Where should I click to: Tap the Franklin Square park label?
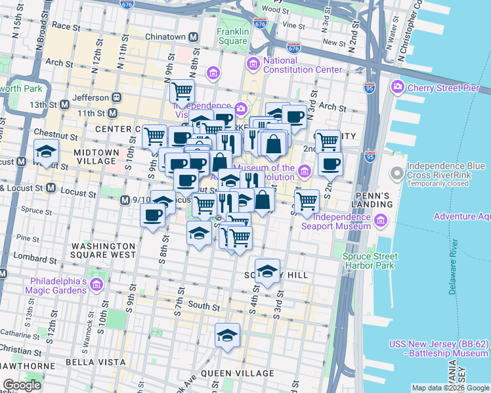(x=233, y=37)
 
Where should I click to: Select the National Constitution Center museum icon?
(x=253, y=64)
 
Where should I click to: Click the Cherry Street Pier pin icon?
(x=397, y=87)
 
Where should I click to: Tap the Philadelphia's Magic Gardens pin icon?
(x=96, y=285)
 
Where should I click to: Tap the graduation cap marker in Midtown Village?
(x=46, y=151)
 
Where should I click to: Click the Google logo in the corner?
(x=22, y=385)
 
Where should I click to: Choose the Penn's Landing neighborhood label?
(x=374, y=200)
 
